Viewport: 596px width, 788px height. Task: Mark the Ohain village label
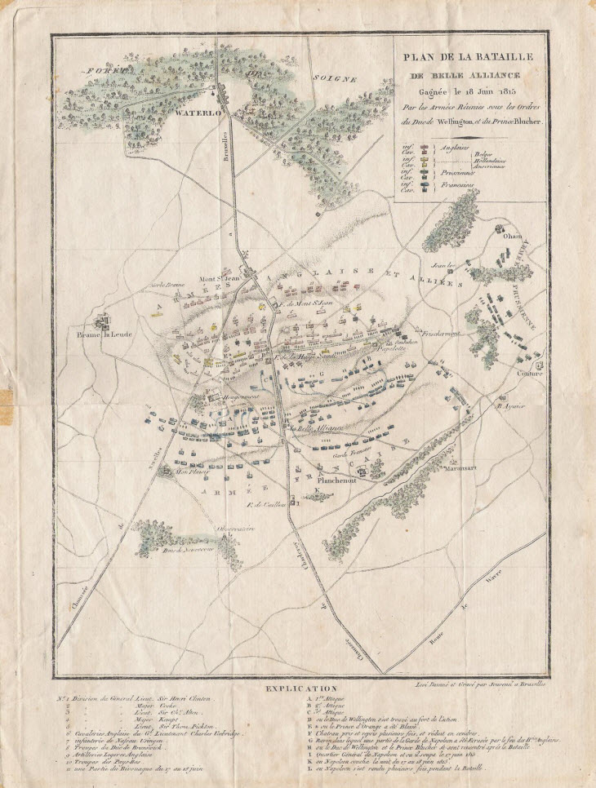(x=513, y=236)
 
